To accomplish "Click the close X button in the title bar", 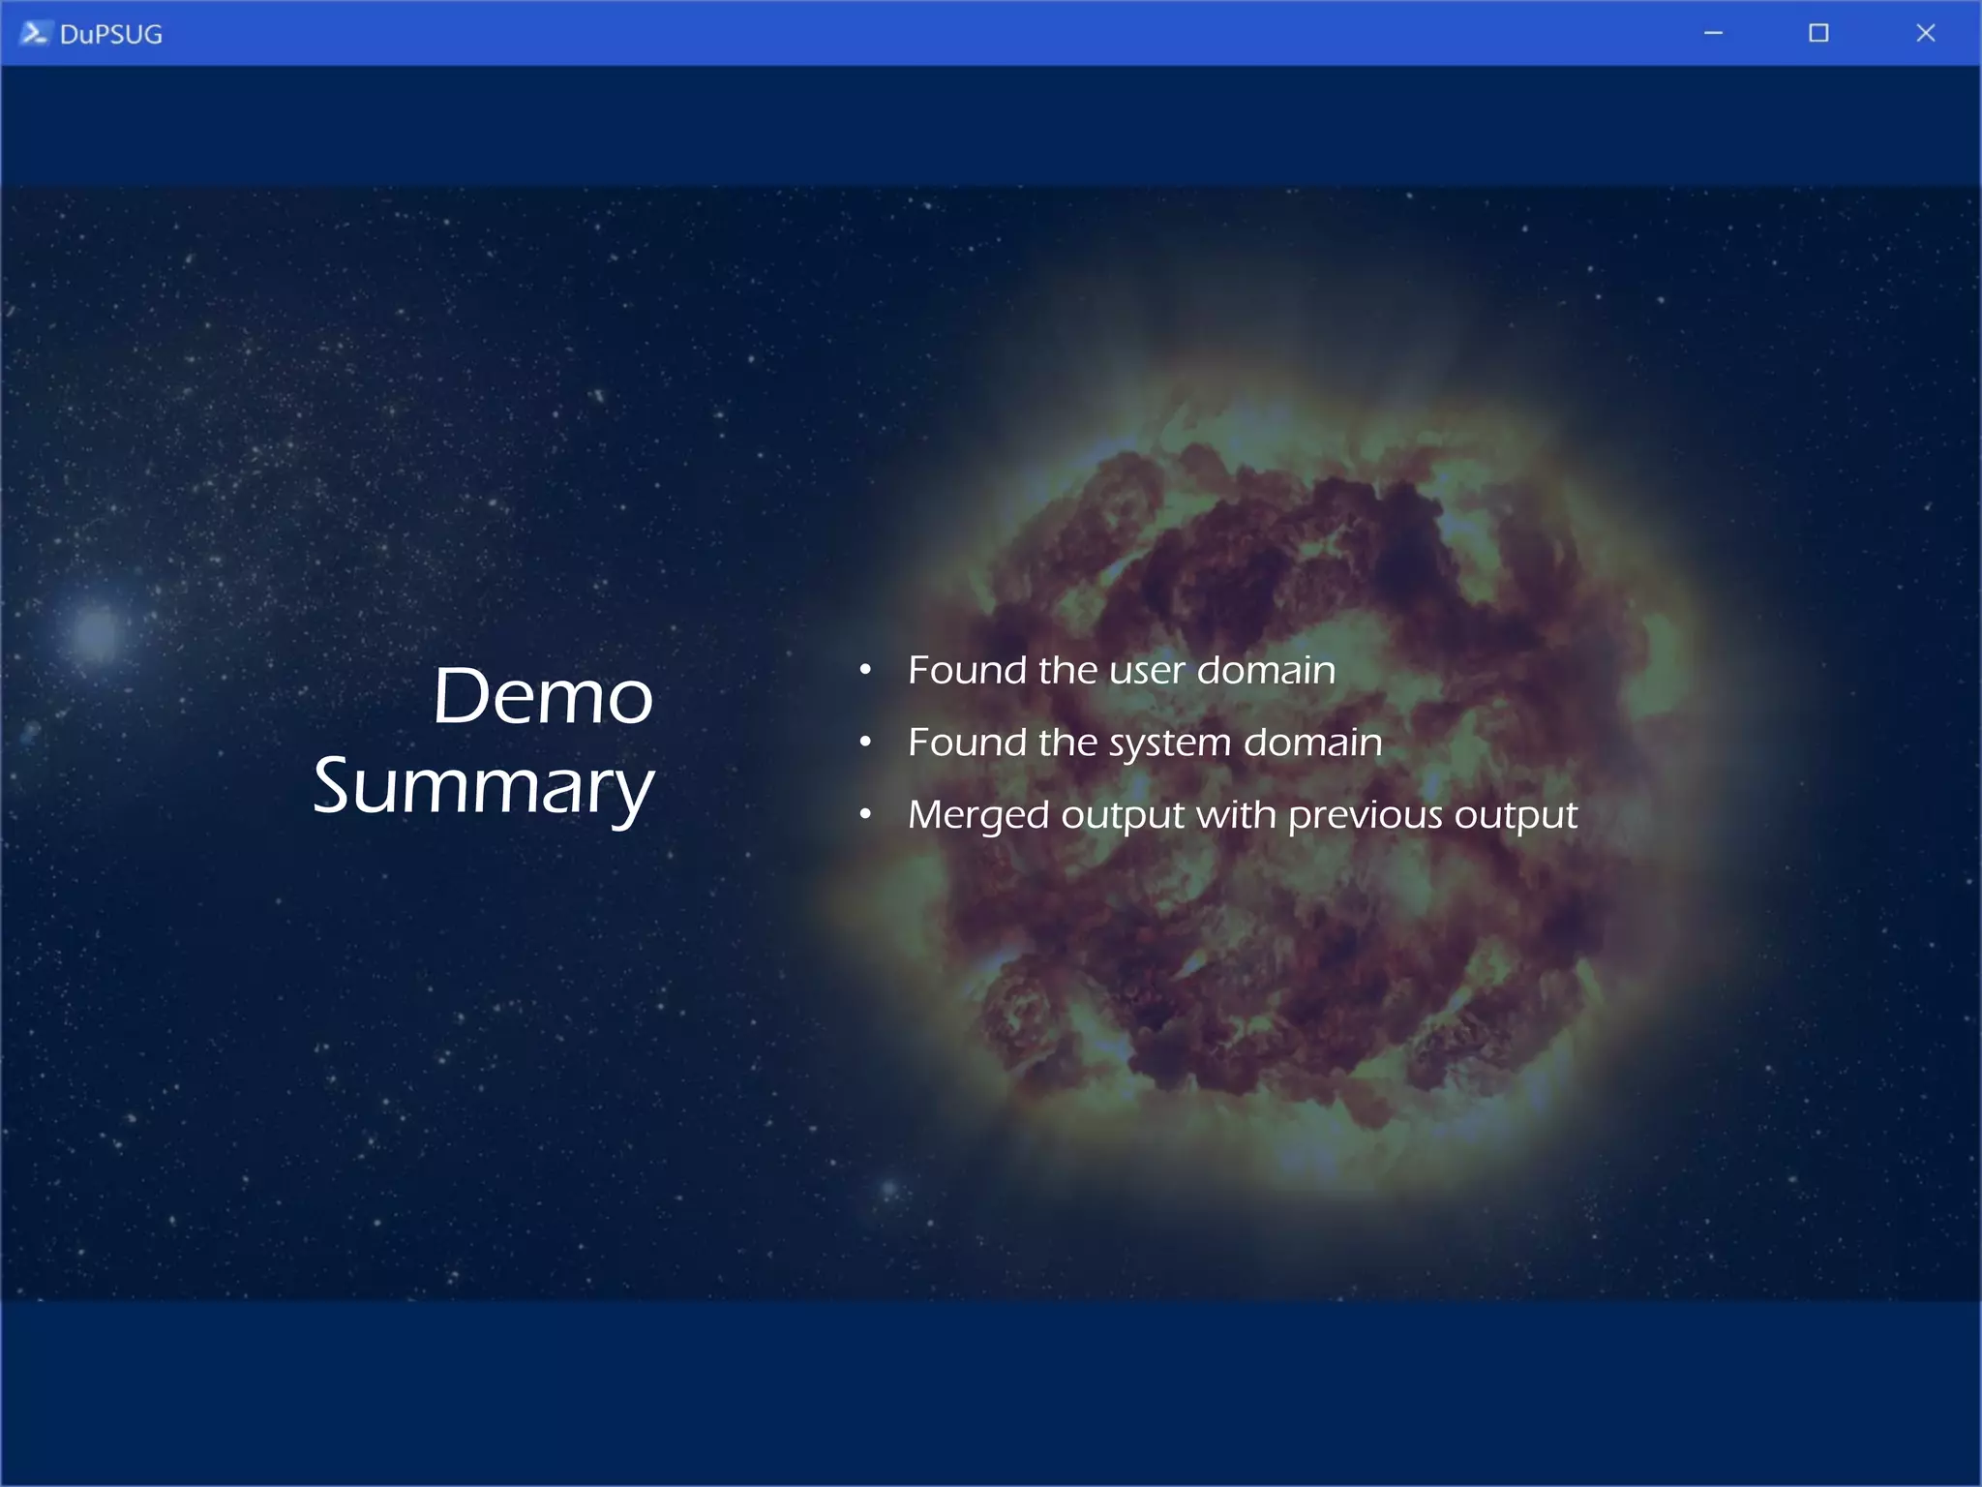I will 1925,33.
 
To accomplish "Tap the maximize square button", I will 1818,33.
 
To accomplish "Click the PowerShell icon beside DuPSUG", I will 34,33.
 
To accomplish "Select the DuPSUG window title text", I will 110,35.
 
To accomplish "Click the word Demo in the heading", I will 542,696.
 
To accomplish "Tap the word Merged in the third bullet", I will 977,816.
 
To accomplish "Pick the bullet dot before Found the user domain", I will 865,670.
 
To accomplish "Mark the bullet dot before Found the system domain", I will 865,743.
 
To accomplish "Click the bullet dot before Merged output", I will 865,815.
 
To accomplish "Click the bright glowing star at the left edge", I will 96,632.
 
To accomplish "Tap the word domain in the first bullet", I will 1266,670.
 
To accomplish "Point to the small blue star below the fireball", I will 888,1188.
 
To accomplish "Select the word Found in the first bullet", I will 967,670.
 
